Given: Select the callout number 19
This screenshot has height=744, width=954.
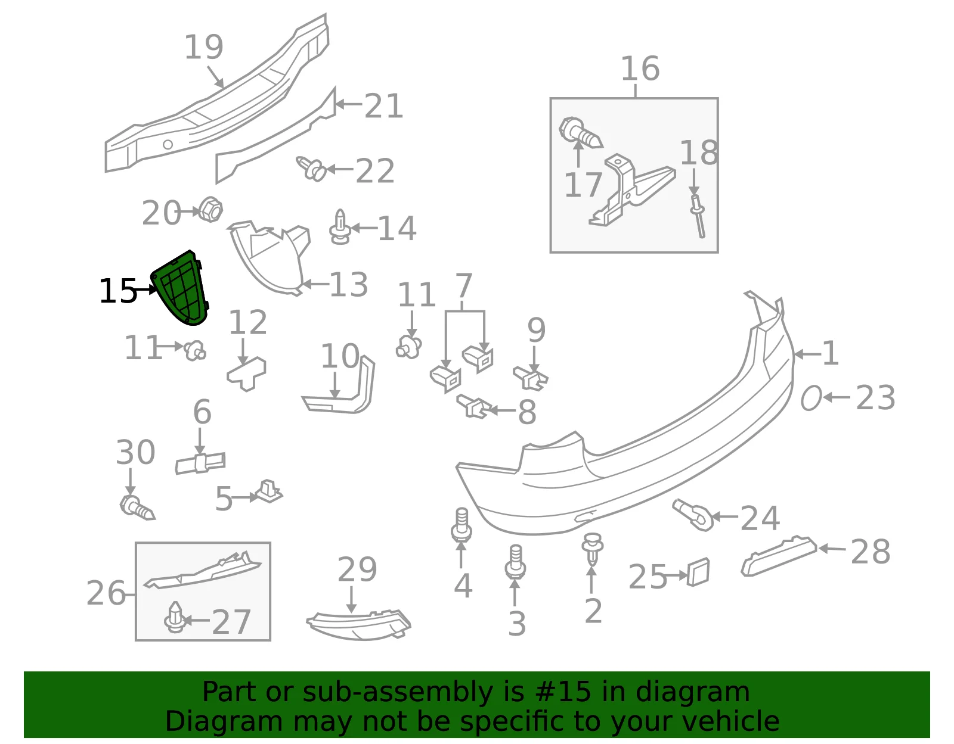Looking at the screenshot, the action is [x=204, y=47].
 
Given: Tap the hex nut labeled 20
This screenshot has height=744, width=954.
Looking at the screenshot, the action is [x=210, y=210].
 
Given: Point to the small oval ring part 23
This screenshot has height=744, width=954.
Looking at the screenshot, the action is [x=810, y=398].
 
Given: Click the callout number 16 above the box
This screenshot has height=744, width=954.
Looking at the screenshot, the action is [x=640, y=69].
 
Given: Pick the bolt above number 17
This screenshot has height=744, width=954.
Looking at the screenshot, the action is [x=580, y=132].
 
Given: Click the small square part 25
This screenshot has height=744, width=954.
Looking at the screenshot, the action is [x=698, y=572].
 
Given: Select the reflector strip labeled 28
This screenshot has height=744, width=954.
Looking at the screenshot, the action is [x=779, y=556].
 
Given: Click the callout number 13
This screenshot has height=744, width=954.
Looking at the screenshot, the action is [x=348, y=285].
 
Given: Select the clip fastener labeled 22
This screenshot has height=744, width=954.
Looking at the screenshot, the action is [x=311, y=169].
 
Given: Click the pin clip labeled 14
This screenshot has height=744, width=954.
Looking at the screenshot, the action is [x=340, y=227].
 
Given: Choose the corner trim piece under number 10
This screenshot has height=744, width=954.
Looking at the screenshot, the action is [x=340, y=387].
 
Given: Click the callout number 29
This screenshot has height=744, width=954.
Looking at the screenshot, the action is [x=357, y=570].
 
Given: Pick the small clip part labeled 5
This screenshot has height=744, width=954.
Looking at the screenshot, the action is [x=268, y=491].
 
